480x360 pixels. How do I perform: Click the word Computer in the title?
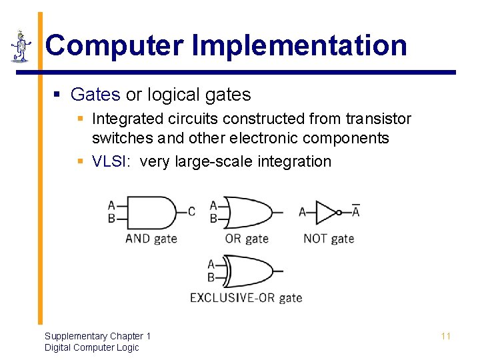click(x=114, y=45)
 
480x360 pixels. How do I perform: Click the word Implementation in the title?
click(x=299, y=45)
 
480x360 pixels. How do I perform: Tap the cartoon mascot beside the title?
click(x=21, y=47)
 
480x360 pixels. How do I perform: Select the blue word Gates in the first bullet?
click(x=95, y=95)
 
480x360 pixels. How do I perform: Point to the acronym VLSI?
click(x=110, y=161)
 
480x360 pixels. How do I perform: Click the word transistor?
click(x=378, y=119)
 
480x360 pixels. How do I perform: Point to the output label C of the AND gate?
click(x=192, y=212)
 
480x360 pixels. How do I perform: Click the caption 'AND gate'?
click(x=151, y=238)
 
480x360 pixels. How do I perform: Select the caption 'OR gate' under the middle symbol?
click(x=247, y=238)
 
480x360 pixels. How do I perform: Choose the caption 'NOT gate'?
click(x=329, y=238)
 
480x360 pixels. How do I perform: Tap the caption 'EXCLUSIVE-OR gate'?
click(x=246, y=297)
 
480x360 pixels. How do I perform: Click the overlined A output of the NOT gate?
click(x=355, y=211)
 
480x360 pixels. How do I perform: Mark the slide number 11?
click(x=446, y=336)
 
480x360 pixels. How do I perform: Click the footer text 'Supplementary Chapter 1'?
click(x=97, y=336)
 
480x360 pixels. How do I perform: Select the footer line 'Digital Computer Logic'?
click(x=91, y=347)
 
